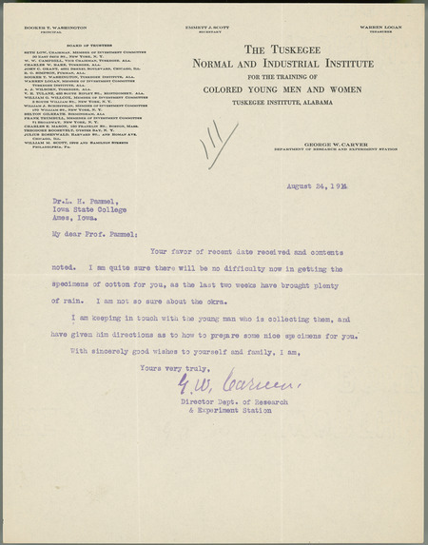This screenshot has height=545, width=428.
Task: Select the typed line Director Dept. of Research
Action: (x=235, y=402)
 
